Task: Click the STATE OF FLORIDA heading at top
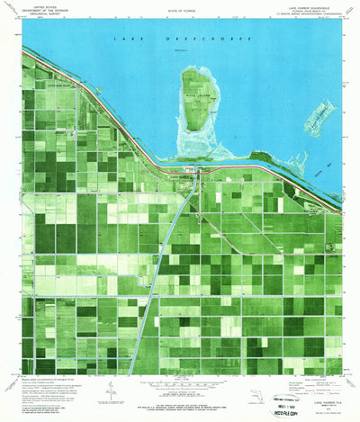[179, 8]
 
